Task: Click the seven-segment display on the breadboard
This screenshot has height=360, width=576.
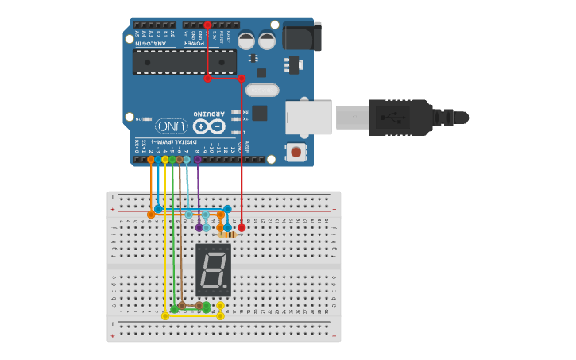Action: click(213, 270)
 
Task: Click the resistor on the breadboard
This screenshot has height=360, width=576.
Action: click(228, 234)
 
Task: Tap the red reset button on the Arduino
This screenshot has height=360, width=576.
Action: click(296, 151)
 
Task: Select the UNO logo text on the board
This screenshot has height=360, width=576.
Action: click(172, 126)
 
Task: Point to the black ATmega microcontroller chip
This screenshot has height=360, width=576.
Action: click(184, 62)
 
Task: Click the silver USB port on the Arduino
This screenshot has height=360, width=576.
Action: click(308, 117)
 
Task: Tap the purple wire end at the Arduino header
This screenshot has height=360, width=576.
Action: click(198, 160)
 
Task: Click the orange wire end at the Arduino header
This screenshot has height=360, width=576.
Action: click(151, 160)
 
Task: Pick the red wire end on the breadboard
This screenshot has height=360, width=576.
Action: click(242, 227)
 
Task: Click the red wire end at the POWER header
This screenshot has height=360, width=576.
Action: click(207, 25)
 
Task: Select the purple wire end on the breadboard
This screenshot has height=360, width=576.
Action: click(199, 227)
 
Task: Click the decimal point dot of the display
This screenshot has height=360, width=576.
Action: click(225, 286)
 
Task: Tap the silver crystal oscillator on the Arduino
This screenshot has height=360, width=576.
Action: click(262, 90)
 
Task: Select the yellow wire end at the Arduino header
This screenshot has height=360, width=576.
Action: click(165, 160)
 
